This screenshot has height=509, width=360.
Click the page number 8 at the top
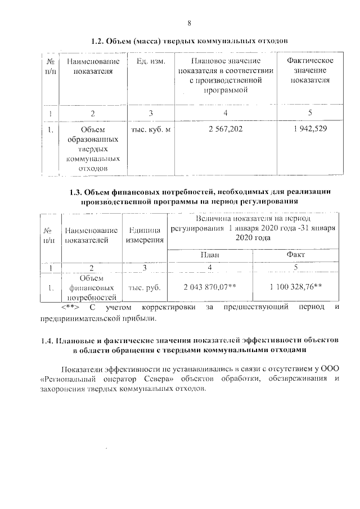pos(190,23)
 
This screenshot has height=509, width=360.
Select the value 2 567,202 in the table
pos(225,129)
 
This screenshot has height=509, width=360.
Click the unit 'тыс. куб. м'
pos(151,130)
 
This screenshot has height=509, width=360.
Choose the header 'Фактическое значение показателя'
pos(310,70)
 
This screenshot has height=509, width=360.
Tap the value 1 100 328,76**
pos(296,286)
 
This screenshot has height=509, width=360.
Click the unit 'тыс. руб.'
pos(145,287)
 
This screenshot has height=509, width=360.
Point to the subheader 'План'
pos(210,255)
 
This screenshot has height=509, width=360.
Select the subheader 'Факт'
pos(296,255)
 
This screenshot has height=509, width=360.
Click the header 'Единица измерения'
pos(145,235)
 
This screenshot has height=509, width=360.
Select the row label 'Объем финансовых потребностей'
pos(91,287)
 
